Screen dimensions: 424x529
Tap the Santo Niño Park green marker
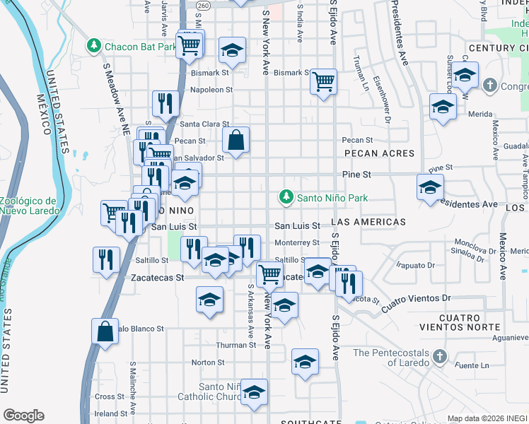pyautogui.click(x=286, y=198)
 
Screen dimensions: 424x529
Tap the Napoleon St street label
pyautogui.click(x=211, y=90)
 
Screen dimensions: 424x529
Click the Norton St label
pyautogui.click(x=207, y=363)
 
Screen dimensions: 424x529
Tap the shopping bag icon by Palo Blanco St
pyautogui.click(x=105, y=332)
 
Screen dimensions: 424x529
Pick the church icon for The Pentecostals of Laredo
pyautogui.click(x=440, y=355)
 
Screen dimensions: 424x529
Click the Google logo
pyautogui.click(x=23, y=415)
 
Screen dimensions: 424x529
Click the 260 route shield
pyautogui.click(x=204, y=5)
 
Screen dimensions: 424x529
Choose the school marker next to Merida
pyautogui.click(x=443, y=107)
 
